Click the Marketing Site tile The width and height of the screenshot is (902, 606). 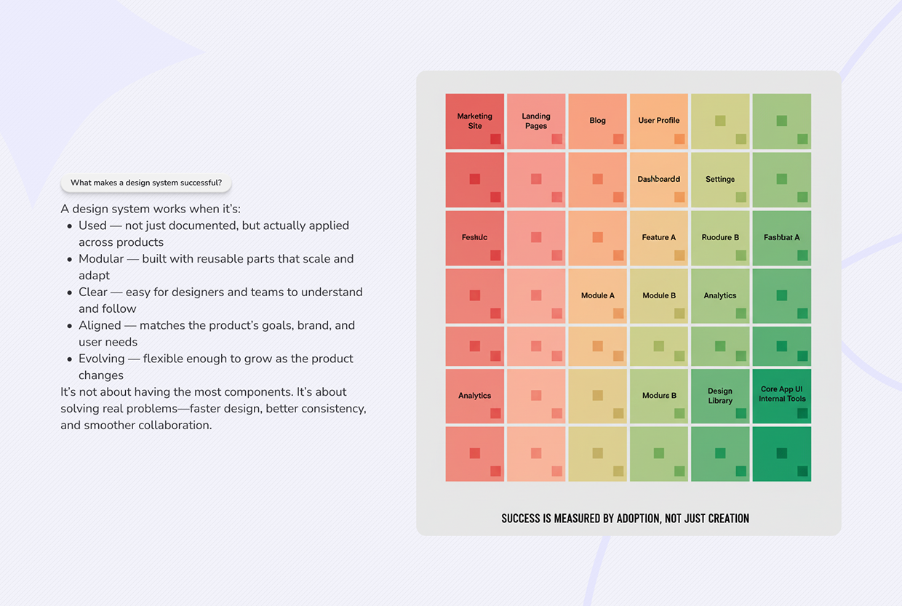pyautogui.click(x=474, y=121)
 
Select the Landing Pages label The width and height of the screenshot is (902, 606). pyautogui.click(x=536, y=121)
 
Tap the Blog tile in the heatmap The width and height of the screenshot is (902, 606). pyautogui.click(x=597, y=121)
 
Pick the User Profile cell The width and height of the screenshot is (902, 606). pyautogui.click(x=658, y=121)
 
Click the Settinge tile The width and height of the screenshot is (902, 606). pyautogui.click(x=720, y=180)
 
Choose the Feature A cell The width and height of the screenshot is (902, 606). pyautogui.click(x=658, y=238)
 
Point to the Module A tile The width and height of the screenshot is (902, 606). pyautogui.click(x=597, y=296)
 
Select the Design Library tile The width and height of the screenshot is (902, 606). pyautogui.click(x=720, y=396)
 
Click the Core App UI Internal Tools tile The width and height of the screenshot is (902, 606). pyautogui.click(x=782, y=395)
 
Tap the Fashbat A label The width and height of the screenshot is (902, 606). pyautogui.click(x=781, y=238)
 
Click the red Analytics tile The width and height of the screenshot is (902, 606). pyautogui.click(x=474, y=396)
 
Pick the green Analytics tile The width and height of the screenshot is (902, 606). pyautogui.click(x=720, y=296)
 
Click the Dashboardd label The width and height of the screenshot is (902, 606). pyautogui.click(x=658, y=179)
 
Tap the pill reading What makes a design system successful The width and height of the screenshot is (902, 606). pyautogui.click(x=146, y=183)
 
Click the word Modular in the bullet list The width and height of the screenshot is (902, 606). pyautogui.click(x=101, y=259)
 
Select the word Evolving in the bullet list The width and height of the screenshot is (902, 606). pyautogui.click(x=102, y=359)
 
